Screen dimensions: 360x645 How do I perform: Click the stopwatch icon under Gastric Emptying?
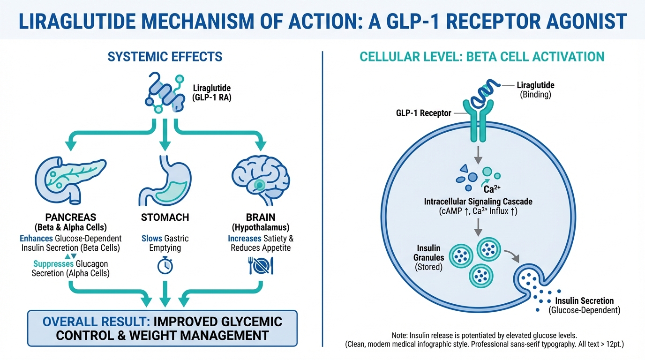point(165,266)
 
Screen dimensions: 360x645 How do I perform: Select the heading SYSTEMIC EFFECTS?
point(165,57)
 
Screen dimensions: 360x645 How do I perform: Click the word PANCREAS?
point(71,217)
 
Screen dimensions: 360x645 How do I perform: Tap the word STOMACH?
point(165,217)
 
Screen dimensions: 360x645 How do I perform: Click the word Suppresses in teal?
point(53,264)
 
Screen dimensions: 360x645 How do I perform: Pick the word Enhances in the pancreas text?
point(36,239)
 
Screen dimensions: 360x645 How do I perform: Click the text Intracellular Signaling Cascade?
point(478,202)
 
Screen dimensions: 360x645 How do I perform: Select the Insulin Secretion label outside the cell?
point(584,301)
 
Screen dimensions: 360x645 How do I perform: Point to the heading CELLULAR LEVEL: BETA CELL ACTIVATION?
point(482,57)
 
